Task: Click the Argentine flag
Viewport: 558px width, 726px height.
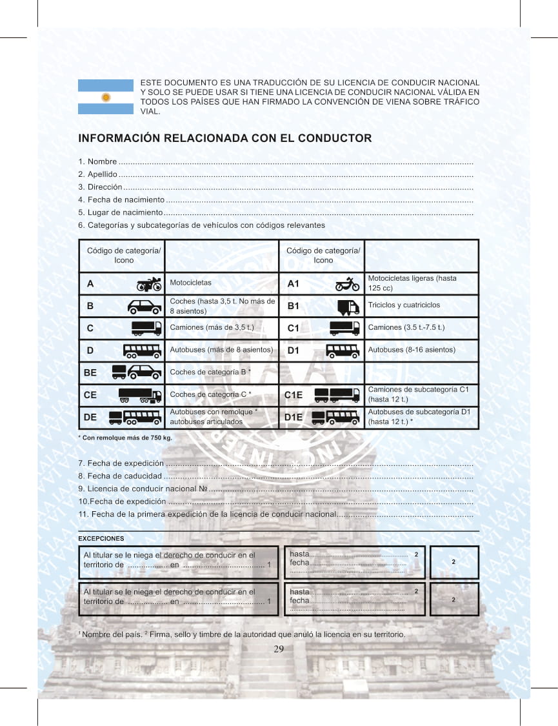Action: [106, 97]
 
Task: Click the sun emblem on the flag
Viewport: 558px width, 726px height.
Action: [106, 97]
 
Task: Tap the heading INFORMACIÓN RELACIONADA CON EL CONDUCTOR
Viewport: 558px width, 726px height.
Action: [224, 138]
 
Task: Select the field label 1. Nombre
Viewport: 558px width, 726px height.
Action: [98, 161]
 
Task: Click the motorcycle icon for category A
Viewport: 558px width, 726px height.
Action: [149, 284]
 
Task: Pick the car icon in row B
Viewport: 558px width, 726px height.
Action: [144, 306]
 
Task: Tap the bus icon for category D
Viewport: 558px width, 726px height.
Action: [142, 350]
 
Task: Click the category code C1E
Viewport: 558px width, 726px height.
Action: [294, 395]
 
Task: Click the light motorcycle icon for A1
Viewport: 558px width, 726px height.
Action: [347, 284]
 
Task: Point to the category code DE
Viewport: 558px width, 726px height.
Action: [90, 417]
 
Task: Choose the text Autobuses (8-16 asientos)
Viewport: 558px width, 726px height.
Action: [412, 350]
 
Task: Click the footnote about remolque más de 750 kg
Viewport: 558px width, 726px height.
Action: [125, 438]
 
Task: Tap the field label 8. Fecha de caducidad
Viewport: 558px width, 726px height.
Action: [120, 476]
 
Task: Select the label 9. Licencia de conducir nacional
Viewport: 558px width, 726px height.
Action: [142, 489]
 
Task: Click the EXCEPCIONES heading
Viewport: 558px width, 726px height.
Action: [101, 538]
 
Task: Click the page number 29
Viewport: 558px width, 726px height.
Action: [279, 649]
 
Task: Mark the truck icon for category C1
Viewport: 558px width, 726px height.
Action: [344, 328]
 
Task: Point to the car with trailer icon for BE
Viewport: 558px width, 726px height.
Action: [137, 372]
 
